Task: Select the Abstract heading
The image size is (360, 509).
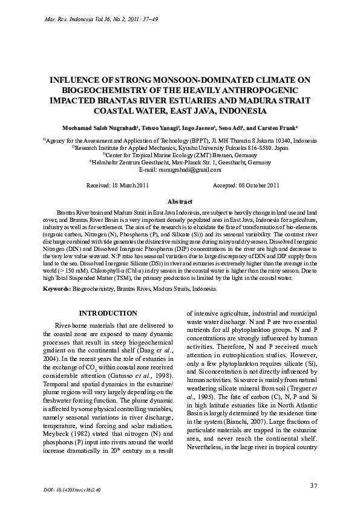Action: (180, 201)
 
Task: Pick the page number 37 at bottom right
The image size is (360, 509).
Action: (313, 485)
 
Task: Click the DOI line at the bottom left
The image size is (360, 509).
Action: (72, 487)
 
